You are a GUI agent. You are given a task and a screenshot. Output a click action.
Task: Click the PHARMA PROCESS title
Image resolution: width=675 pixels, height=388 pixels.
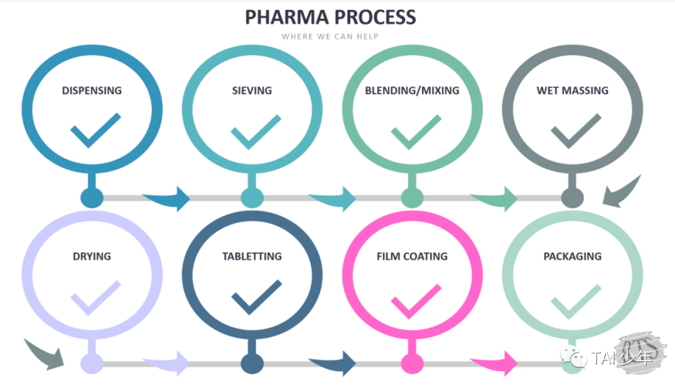coord(330,17)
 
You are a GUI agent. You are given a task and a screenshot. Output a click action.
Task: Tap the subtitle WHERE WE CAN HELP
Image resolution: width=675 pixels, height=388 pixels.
coord(330,36)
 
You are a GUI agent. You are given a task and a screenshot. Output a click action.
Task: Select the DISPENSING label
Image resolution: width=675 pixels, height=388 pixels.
coord(92,90)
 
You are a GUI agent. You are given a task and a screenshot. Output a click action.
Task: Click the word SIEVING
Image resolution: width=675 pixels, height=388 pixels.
coord(252,90)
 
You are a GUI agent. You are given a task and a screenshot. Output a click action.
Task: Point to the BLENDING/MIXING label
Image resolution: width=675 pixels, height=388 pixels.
coord(412,90)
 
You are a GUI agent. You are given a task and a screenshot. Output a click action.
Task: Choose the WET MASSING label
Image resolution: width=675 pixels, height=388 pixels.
coord(572,90)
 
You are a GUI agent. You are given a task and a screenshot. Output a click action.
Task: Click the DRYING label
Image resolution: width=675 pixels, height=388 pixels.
coord(92,256)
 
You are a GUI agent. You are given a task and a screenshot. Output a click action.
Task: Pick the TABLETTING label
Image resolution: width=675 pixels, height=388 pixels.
coord(252,256)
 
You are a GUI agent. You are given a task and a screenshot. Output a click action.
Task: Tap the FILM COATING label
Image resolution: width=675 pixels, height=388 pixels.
coord(412,256)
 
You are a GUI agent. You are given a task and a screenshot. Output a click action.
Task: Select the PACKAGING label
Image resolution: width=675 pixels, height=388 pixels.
coord(572,256)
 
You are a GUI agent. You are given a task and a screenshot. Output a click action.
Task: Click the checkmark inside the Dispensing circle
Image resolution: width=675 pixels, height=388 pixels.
coord(94,130)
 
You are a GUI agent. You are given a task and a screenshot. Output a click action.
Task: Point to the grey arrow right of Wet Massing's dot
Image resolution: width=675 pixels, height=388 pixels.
coord(622,191)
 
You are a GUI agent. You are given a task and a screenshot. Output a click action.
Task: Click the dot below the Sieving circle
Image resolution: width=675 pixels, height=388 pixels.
coord(252,198)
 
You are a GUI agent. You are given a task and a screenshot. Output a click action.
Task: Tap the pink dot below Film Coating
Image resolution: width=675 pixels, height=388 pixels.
coord(412,363)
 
